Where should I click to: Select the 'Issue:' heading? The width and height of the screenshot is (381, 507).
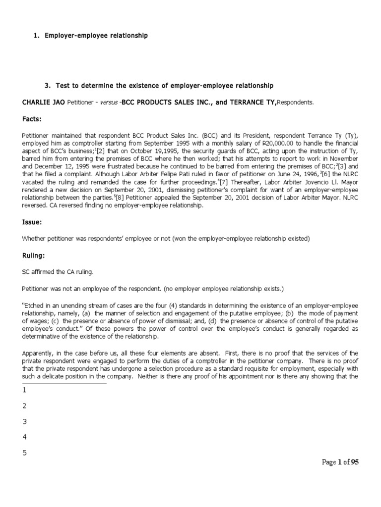coord(32,222)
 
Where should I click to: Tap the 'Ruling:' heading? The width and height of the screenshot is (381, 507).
coord(34,256)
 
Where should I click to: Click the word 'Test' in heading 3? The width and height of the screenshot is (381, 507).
coord(64,86)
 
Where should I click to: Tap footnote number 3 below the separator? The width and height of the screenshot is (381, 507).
coord(24,421)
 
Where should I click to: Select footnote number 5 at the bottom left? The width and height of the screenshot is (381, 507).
coord(24,453)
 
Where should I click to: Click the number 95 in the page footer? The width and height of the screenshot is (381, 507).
coord(354,462)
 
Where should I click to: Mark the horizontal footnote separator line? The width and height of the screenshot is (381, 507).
coord(64,383)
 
